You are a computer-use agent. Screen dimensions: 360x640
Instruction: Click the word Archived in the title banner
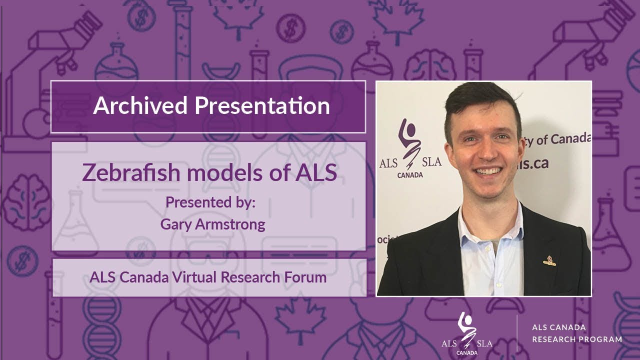click(x=140, y=106)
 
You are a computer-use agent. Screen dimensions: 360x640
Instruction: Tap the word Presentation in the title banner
click(x=262, y=106)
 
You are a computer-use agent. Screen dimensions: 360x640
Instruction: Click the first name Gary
click(x=174, y=224)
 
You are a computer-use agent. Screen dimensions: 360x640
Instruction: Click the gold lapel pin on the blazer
click(x=549, y=260)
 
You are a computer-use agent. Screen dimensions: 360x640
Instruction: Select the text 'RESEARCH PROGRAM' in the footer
click(x=576, y=339)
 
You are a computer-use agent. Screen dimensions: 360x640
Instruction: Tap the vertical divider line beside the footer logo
click(x=517, y=333)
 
